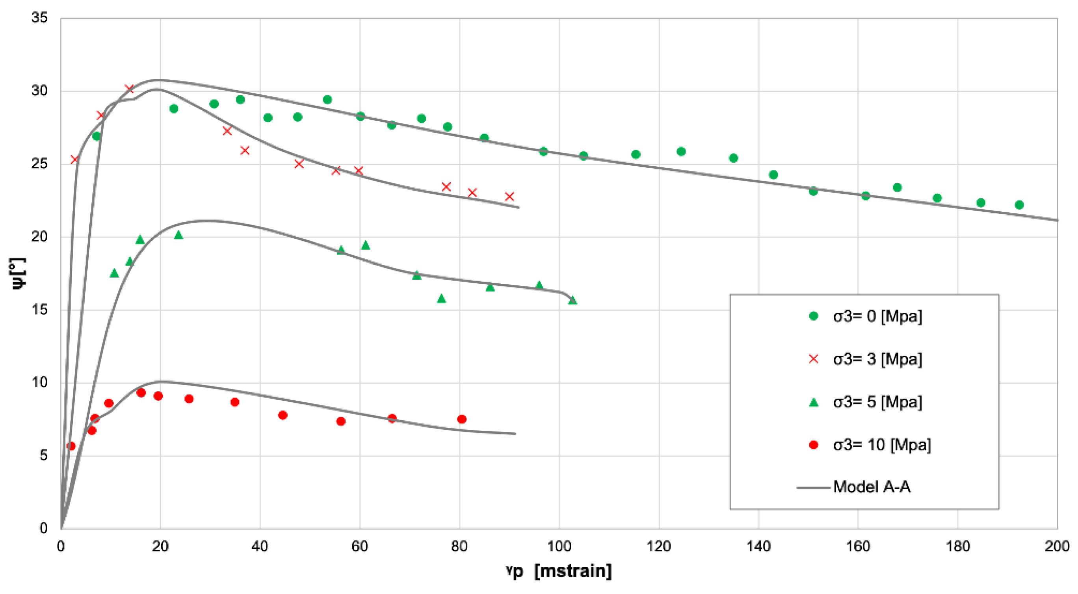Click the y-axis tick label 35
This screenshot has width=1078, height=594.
tap(40, 18)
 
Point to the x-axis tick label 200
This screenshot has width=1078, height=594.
tap(1057, 546)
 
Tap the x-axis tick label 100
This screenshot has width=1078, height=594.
tap(559, 546)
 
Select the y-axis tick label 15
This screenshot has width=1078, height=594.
tap(40, 310)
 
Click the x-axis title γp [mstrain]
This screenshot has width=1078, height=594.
tap(559, 571)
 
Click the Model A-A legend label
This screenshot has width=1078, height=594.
tap(871, 487)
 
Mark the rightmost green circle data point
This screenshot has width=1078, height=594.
tap(1019, 204)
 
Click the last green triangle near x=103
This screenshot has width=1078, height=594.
tap(572, 300)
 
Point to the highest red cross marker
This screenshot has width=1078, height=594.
tap(129, 89)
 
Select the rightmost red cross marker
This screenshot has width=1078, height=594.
tap(509, 196)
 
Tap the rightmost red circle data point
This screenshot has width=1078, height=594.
tap(462, 419)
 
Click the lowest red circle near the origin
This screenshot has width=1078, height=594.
tap(71, 446)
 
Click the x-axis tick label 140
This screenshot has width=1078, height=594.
tap(758, 546)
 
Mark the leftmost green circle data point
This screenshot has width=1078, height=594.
tap(96, 136)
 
